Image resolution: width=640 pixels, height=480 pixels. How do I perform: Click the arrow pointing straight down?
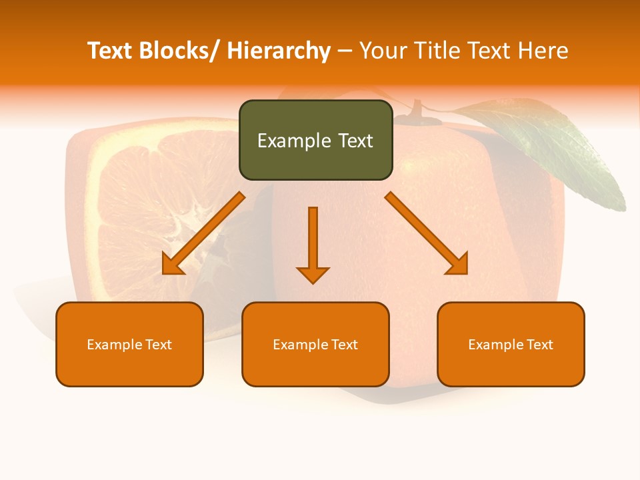[x=313, y=244]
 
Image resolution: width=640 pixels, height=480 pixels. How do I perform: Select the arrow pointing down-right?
[x=427, y=233]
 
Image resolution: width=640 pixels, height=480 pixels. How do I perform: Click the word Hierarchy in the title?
[x=279, y=51]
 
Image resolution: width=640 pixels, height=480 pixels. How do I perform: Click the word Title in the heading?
[x=437, y=51]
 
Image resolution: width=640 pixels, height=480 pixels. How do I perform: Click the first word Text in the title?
[x=110, y=51]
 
